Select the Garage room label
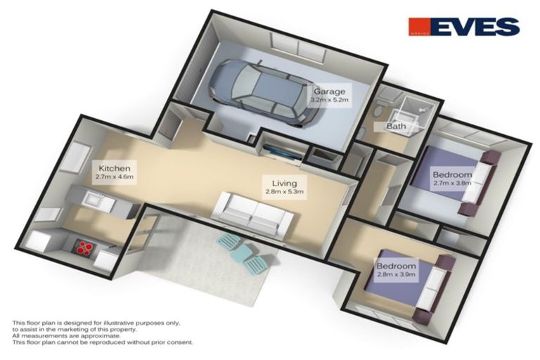[329, 91]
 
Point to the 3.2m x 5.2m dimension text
[330, 100]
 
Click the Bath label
[395, 127]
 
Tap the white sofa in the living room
[252, 210]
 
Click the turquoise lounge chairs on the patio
[243, 252]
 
